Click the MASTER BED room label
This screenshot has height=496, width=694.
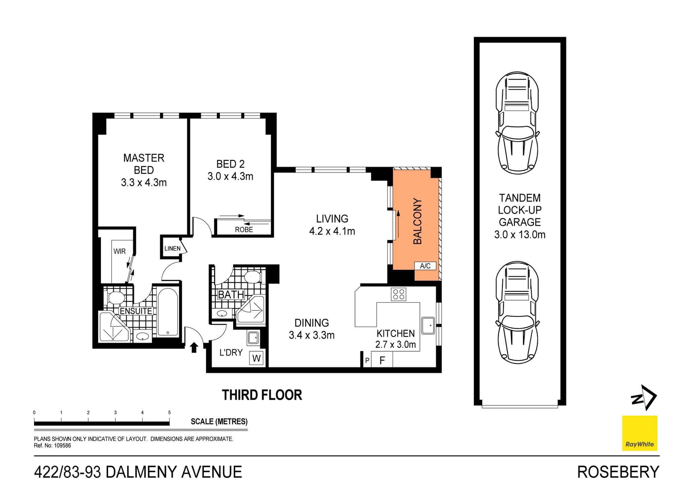click(143, 164)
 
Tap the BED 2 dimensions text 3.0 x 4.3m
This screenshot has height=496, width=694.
click(230, 177)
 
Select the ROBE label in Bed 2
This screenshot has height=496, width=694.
click(244, 230)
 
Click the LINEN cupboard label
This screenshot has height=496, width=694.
click(172, 249)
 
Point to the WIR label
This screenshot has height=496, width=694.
click(120, 251)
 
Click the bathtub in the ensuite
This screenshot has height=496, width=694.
click(168, 312)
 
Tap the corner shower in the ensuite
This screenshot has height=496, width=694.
click(114, 327)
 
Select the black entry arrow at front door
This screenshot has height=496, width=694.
click(194, 347)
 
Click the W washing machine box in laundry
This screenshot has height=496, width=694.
click(256, 359)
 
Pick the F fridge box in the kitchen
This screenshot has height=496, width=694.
click(382, 360)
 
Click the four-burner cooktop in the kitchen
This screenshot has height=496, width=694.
click(398, 294)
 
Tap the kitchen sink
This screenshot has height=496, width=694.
click(428, 325)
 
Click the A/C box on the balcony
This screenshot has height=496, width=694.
click(425, 266)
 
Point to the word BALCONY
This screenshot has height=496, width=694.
click(417, 221)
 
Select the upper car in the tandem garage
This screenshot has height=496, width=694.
click(517, 123)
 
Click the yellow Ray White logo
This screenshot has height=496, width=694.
click(639, 433)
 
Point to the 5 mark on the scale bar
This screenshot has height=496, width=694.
click(169, 412)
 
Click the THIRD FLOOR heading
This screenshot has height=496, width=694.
click(262, 395)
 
